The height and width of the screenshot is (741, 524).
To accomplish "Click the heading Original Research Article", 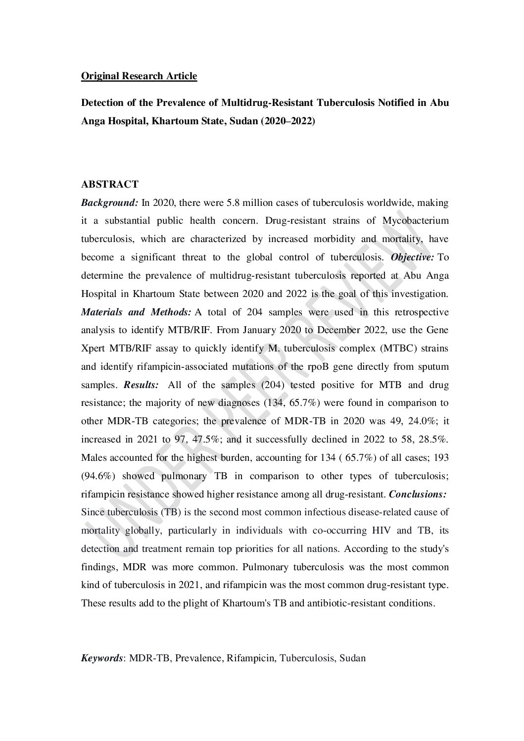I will [139, 76].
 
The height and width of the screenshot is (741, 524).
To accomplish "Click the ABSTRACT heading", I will [110, 184].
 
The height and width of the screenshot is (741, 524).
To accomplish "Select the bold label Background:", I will [109, 202].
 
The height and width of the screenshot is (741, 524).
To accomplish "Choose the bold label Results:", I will [141, 385].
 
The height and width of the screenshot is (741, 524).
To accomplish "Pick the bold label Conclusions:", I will [418, 494].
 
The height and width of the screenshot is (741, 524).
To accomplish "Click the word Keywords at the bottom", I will [102, 658].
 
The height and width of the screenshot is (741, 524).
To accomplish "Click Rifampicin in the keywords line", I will [252, 658].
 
